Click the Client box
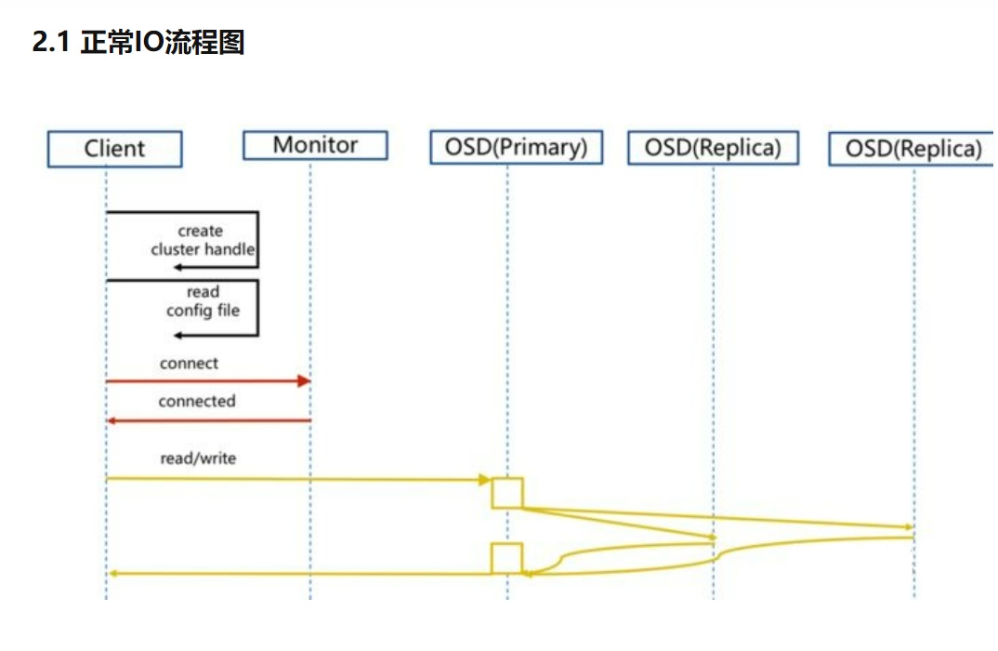coord(114,149)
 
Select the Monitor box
coord(315,145)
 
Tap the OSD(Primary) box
coord(516,147)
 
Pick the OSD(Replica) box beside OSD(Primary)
coord(713,148)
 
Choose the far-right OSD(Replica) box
coord(913,149)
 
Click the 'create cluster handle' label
coord(202,240)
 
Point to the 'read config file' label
coord(203,301)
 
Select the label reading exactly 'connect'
coord(189,364)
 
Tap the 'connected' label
coord(196,402)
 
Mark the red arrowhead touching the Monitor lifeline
coord(303,381)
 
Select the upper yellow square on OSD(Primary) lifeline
coord(507,493)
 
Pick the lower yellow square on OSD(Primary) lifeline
coord(507,558)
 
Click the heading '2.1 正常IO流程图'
coord(138,43)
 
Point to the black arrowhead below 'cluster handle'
coord(177,268)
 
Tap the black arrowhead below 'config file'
coord(177,335)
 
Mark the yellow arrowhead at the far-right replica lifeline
coord(909,526)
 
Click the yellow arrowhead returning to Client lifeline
coord(112,574)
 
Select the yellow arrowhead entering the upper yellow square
coord(484,480)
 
